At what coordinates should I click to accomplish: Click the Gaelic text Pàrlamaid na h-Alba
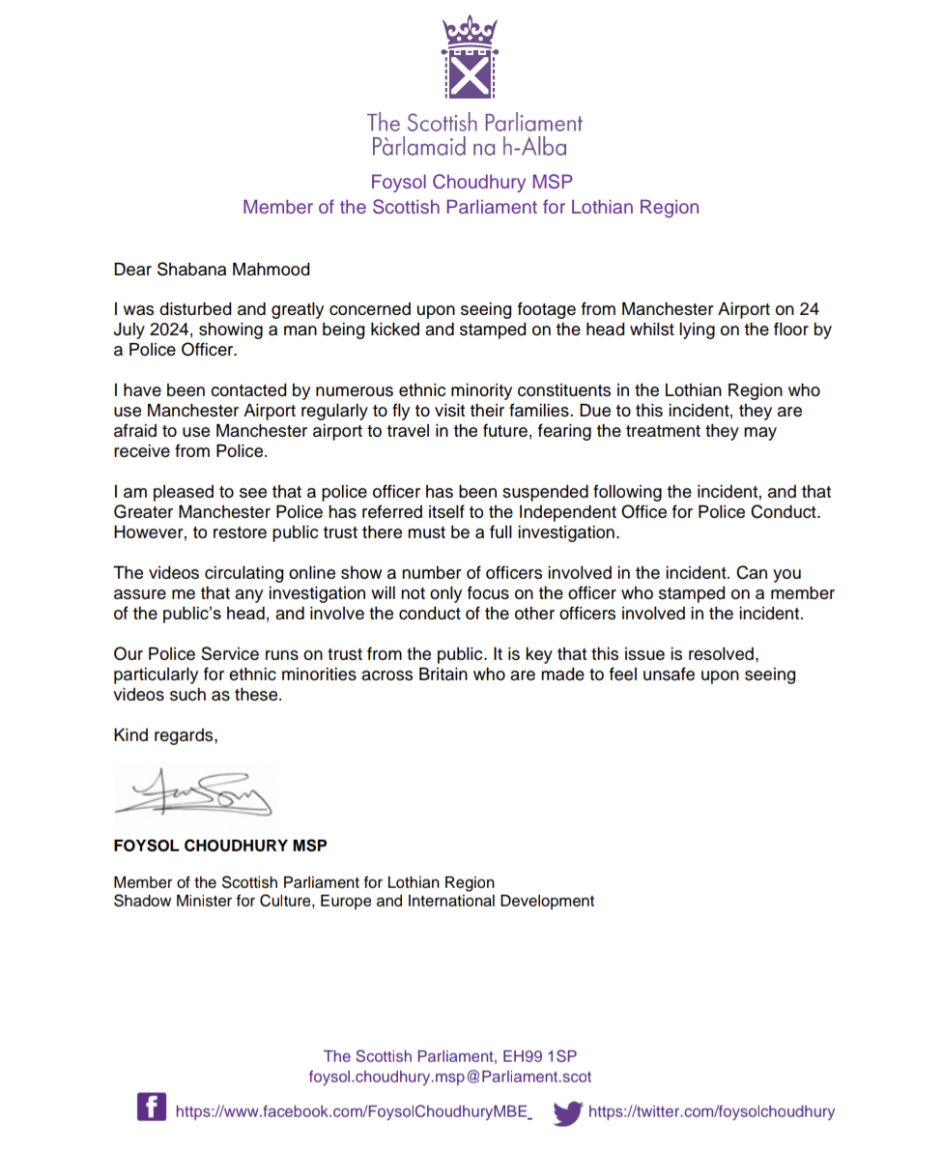[x=469, y=148]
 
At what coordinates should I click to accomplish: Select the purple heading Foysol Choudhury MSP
[x=471, y=182]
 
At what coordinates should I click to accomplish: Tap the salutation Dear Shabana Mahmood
[x=212, y=270]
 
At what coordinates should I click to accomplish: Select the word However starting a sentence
[x=146, y=532]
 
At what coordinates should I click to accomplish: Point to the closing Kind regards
[x=165, y=735]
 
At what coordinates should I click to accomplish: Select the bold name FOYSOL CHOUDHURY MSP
[x=220, y=846]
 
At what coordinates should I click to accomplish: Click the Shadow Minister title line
[x=354, y=902]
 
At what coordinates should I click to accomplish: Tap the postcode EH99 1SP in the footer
[x=546, y=1056]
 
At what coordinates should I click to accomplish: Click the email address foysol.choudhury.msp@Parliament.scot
[x=450, y=1077]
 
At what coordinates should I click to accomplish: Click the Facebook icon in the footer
[x=151, y=1107]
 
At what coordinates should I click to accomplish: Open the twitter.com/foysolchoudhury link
[x=711, y=1111]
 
